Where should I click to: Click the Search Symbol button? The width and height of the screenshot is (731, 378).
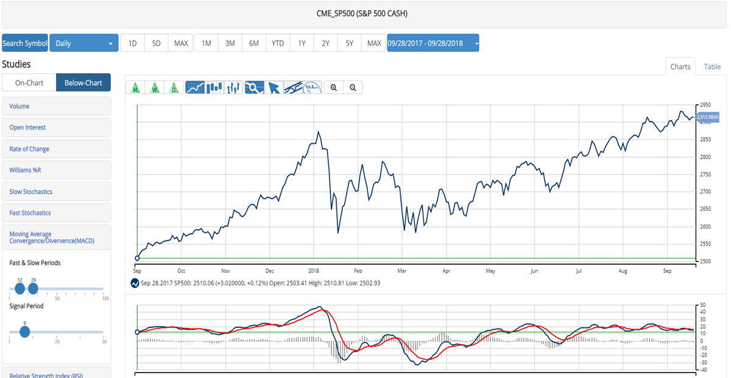[x=24, y=43]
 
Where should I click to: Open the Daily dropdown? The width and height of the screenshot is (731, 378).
[x=84, y=43]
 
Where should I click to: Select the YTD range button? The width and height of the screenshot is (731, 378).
[x=278, y=43]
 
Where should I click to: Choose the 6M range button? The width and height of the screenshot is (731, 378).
[x=254, y=43]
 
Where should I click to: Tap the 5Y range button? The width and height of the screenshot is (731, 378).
[x=349, y=43]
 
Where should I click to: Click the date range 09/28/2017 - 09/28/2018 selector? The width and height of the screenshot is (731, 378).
[x=433, y=43]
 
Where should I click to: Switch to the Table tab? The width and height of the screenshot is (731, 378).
[x=712, y=67]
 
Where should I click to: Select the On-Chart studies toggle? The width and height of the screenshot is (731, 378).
[x=29, y=83]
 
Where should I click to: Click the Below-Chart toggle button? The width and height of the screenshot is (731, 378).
[x=83, y=83]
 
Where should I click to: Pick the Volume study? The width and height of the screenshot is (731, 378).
[x=19, y=106]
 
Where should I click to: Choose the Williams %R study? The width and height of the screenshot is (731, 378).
[x=25, y=170]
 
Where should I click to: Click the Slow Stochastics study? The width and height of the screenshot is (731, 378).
[x=30, y=191]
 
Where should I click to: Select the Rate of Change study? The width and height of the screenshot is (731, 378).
[x=29, y=149]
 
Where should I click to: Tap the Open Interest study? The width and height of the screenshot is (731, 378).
[x=27, y=127]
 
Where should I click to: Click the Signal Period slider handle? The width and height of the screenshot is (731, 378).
[x=24, y=332]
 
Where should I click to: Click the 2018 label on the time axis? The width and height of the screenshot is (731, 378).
[x=314, y=270]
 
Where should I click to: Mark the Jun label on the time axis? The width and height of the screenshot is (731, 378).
[x=534, y=270]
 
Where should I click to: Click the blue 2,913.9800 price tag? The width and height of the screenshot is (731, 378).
[x=707, y=116]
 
